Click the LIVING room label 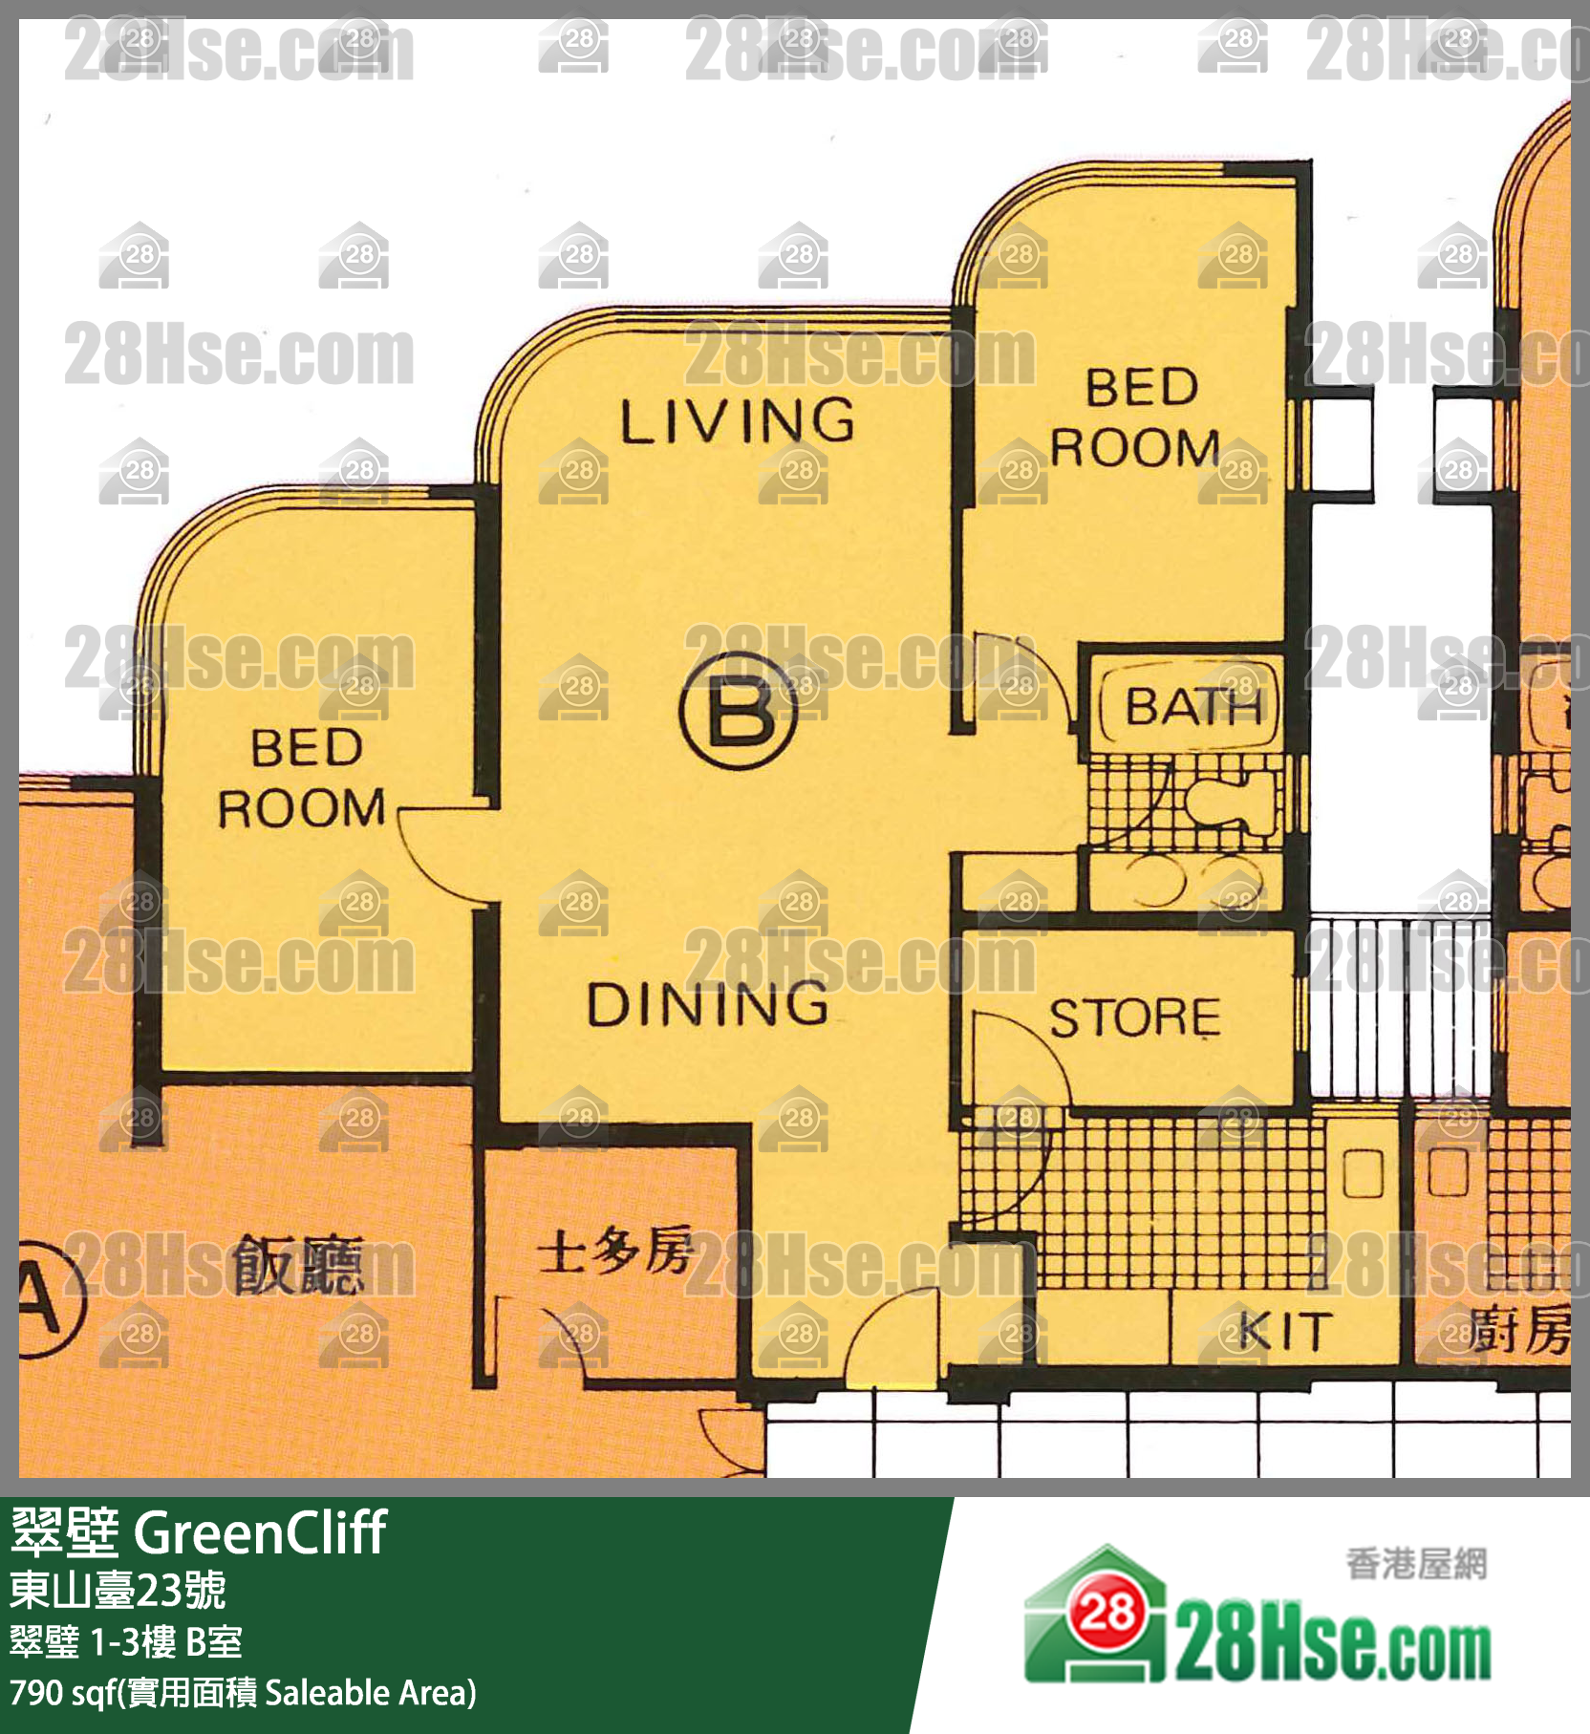[x=737, y=421]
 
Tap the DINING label [x=707, y=1004]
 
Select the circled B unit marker [x=738, y=711]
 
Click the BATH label [x=1192, y=707]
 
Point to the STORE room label [x=1134, y=1017]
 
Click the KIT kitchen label [x=1284, y=1331]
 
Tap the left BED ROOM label [x=303, y=778]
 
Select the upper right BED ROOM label [x=1137, y=417]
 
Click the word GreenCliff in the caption [x=260, y=1533]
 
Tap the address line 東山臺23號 [x=118, y=1591]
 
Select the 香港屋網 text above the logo [x=1416, y=1564]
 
